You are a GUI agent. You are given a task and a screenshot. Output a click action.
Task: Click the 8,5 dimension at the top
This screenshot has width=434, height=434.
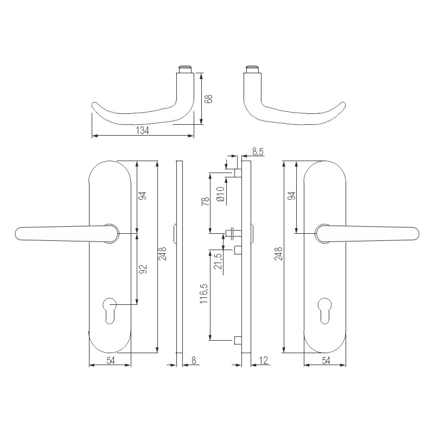point(258,152)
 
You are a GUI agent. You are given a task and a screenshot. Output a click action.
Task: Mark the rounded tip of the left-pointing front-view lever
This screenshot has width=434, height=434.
point(18,233)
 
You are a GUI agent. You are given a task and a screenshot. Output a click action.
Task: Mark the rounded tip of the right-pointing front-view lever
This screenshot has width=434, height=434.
point(416,233)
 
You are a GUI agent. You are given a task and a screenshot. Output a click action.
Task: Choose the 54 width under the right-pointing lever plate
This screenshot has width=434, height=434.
point(325,360)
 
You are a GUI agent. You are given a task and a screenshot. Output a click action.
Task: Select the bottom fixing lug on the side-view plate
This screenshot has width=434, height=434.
point(237,340)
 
